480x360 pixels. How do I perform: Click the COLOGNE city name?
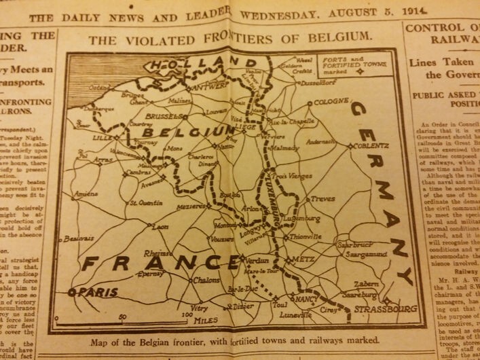(329, 103)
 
